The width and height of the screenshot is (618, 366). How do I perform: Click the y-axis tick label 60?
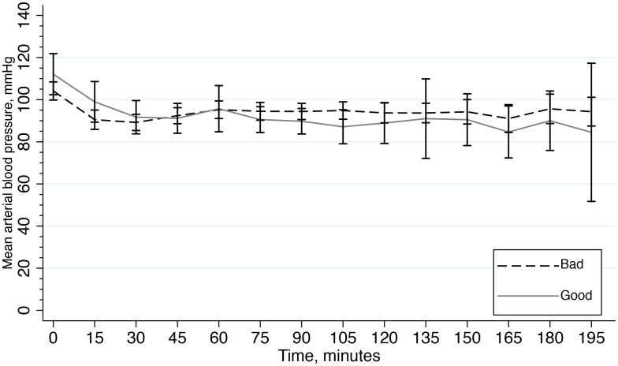(x=32, y=184)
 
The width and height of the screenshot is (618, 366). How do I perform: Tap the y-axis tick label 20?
(x=32, y=268)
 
